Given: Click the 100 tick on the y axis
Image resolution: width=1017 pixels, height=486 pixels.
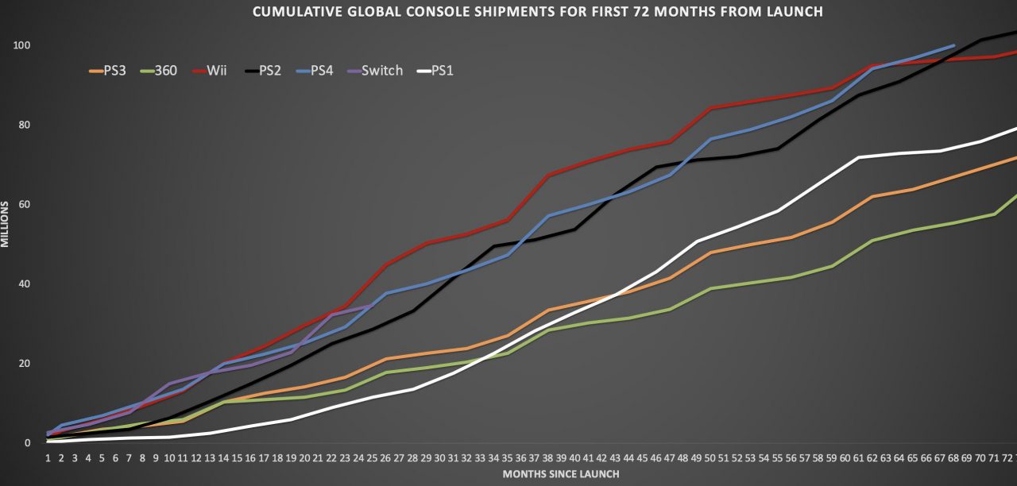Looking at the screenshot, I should [21, 45].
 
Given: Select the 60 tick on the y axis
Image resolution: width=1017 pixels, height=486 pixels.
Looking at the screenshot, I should [24, 205].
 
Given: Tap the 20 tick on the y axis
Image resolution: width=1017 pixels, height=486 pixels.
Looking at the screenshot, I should [24, 364].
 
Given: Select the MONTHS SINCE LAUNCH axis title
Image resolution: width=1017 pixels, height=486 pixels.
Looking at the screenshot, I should [561, 474].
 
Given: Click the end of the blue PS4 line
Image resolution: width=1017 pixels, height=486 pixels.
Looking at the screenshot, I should [953, 46].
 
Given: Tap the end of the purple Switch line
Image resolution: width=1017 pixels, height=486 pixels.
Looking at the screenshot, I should [372, 306].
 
